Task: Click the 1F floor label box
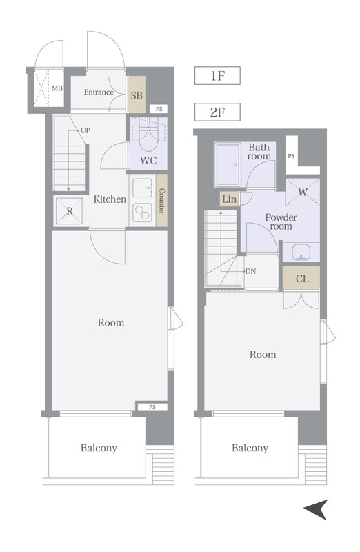217,76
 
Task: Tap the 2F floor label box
217,112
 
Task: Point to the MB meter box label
57,88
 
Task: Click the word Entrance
99,92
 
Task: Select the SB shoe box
137,95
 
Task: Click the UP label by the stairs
86,130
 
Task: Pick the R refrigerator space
70,211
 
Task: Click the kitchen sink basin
142,188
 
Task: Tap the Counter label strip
161,201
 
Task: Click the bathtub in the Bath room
228,164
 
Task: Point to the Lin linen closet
230,199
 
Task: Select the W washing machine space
303,193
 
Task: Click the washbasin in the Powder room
301,252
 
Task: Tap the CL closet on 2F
301,279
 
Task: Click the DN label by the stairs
250,271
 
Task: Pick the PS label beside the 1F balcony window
152,406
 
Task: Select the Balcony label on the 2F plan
250,448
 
